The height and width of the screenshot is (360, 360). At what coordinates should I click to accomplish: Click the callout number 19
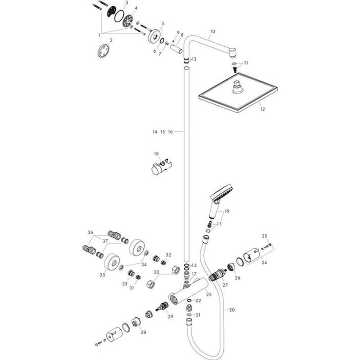[x=227, y=211]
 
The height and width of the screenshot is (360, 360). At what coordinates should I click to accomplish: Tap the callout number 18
[x=156, y=154]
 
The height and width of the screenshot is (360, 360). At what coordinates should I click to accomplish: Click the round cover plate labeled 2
[x=103, y=49]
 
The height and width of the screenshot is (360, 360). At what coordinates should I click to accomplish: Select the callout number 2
[x=110, y=40]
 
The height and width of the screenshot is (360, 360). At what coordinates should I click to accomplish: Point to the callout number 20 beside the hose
[x=232, y=310]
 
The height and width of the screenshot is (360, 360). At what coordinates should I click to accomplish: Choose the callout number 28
[x=143, y=332]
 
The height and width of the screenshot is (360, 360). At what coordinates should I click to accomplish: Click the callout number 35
[x=102, y=275]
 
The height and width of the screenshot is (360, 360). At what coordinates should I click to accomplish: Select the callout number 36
[x=90, y=233]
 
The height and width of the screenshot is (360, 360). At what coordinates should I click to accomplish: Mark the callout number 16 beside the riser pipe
[x=170, y=132]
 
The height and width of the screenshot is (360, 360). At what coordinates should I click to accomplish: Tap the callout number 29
[x=170, y=317]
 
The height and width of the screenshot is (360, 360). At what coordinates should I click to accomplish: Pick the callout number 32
[x=168, y=255]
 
